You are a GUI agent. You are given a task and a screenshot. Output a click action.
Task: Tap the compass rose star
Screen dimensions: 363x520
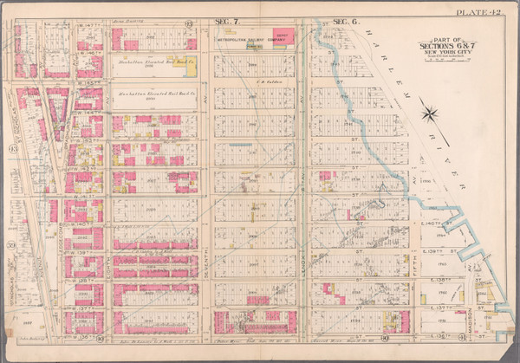click(430, 110)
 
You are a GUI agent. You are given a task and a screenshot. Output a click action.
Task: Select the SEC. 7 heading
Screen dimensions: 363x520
click(226, 19)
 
